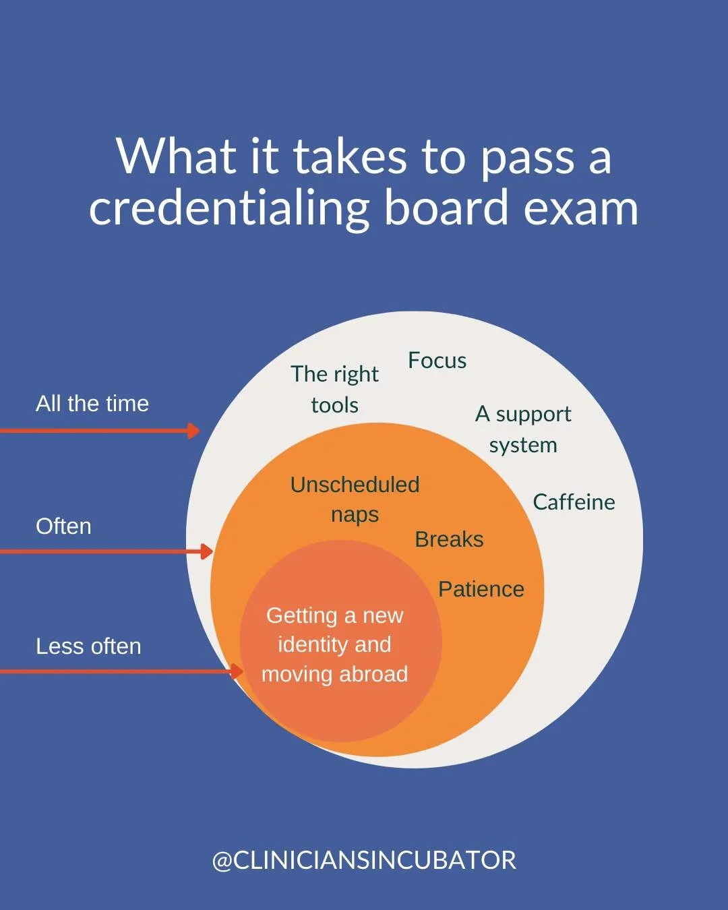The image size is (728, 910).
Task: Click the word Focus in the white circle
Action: (437, 361)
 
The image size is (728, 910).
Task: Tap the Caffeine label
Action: (574, 502)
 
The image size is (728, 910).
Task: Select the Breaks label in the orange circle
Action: (449, 539)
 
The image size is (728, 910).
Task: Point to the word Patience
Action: (481, 589)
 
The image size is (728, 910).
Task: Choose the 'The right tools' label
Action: (335, 389)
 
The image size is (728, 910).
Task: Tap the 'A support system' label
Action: (523, 429)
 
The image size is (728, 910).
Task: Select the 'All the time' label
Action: (92, 404)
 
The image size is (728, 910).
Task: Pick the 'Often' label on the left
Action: (63, 526)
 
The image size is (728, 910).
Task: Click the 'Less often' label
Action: (88, 646)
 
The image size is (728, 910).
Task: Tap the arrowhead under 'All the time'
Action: (194, 431)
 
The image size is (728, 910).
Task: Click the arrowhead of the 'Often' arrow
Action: (207, 552)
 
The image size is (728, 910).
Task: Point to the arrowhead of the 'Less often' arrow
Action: (237, 671)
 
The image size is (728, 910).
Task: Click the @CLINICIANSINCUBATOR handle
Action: (364, 861)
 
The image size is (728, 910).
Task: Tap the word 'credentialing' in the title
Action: (229, 208)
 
